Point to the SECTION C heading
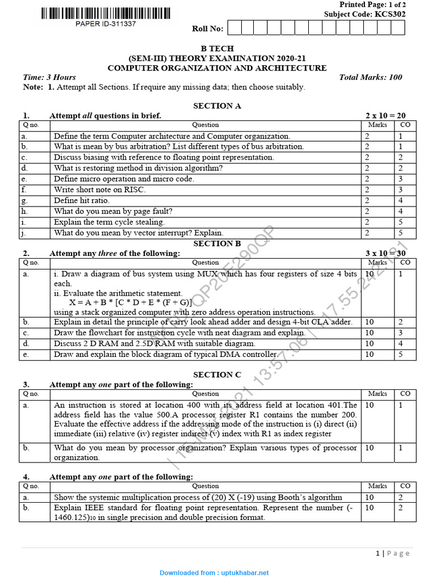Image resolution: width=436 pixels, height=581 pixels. click(217, 374)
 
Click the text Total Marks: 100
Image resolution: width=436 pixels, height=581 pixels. click(370, 77)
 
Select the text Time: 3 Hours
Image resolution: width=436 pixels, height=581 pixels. click(49, 77)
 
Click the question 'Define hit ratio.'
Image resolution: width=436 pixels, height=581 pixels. click(82, 200)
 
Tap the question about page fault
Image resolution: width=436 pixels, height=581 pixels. click(113, 211)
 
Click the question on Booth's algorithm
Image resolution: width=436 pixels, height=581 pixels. click(198, 497)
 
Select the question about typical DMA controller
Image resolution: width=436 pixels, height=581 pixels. click(166, 354)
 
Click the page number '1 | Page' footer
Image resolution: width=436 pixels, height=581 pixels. click(393, 553)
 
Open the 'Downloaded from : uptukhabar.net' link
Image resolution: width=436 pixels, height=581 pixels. click(214, 573)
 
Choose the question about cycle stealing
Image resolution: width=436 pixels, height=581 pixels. click(109, 222)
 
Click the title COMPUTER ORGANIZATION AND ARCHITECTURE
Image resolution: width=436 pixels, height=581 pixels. click(217, 68)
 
